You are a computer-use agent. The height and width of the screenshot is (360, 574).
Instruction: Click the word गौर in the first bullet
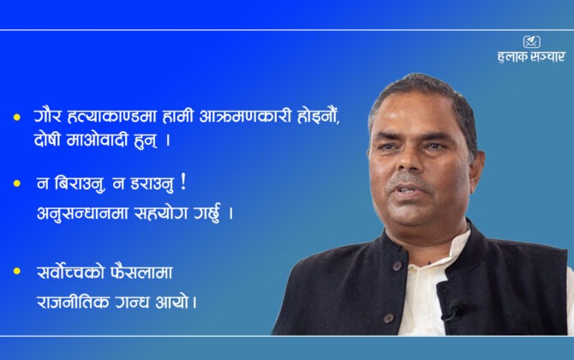[x=47, y=117]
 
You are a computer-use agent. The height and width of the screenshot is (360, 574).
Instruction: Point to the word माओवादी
[x=98, y=140]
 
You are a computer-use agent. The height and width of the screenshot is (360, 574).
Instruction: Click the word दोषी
[x=47, y=140]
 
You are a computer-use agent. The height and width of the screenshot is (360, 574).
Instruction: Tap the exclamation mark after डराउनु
[x=183, y=183]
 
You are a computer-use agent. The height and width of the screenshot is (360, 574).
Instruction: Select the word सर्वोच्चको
[x=70, y=273]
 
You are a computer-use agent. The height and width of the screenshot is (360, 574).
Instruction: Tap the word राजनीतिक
[x=73, y=303]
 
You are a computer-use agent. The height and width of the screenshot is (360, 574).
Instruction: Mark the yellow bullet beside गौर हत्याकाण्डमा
[x=17, y=117]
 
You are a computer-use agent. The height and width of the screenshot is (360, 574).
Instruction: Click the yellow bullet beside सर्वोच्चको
[x=17, y=271]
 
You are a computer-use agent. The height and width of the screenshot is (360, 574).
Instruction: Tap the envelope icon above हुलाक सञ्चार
[x=531, y=42]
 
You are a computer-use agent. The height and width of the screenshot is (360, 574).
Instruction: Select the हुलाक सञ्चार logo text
[x=531, y=57]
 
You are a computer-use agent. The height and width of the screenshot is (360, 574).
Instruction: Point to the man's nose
[x=408, y=160]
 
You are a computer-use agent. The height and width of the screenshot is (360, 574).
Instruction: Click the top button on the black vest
[x=398, y=266]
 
